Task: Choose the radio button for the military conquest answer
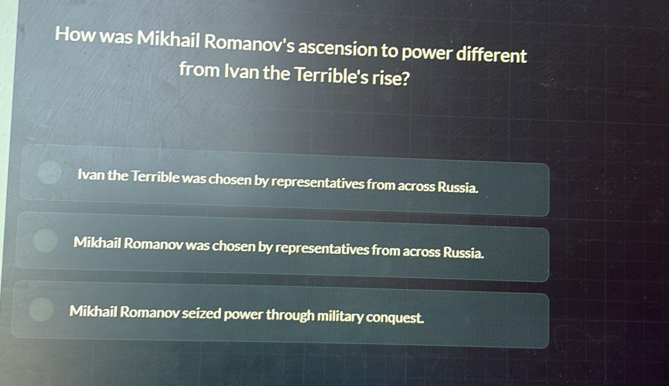(41, 310)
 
